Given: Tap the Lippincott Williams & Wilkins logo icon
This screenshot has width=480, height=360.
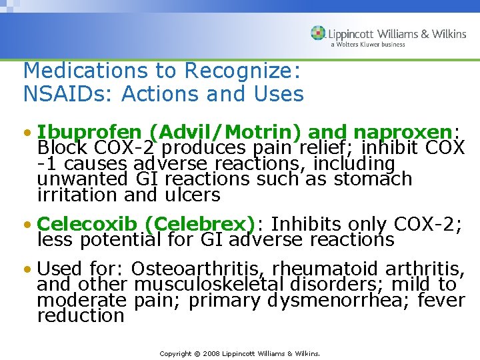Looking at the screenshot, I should pos(318,33).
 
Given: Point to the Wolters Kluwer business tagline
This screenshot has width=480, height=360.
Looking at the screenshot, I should pos(368,45).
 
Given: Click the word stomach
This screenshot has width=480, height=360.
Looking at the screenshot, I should pos(373,179).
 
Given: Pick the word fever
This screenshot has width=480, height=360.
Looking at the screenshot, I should pos(441,301).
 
